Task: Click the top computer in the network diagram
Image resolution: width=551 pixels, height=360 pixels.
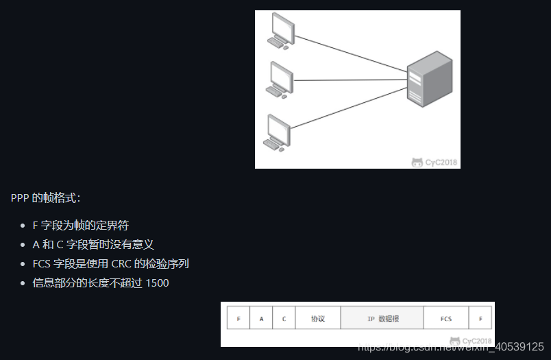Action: click(281, 31)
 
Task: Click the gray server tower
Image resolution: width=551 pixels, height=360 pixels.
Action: click(430, 80)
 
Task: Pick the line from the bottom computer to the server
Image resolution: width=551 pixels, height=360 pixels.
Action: click(350, 108)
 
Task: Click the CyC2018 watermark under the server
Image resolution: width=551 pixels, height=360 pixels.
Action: click(435, 163)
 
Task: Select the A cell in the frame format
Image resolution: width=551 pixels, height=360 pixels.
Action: click(261, 319)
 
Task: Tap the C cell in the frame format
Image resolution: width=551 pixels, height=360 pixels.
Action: click(284, 319)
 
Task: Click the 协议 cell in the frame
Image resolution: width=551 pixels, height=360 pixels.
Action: click(317, 319)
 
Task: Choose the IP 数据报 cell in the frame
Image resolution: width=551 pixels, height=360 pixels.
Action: click(382, 319)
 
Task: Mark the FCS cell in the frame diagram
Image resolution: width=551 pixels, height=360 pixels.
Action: click(445, 319)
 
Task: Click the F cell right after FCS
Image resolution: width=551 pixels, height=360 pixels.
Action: click(480, 319)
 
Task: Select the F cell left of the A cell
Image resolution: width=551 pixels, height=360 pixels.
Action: click(238, 319)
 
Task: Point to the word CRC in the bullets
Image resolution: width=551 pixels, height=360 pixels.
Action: click(121, 263)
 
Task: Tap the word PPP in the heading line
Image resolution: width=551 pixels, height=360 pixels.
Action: click(20, 198)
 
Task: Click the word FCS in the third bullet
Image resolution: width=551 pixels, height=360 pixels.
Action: click(41, 263)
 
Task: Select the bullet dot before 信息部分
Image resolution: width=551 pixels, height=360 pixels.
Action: click(22, 283)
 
